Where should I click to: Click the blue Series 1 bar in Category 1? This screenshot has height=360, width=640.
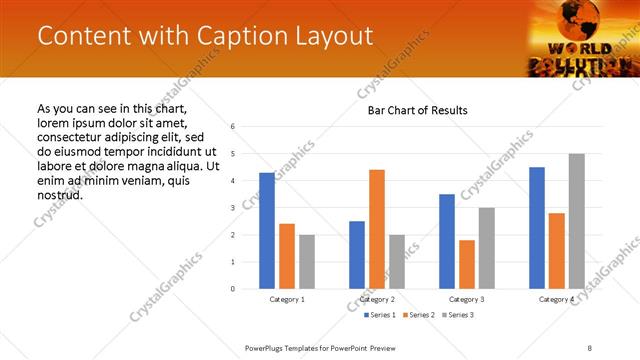pos(267,231)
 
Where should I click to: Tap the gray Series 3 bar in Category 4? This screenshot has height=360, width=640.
pos(576,221)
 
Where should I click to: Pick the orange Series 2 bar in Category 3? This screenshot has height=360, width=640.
pos(467,264)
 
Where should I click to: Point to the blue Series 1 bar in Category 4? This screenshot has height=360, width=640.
pos(537,228)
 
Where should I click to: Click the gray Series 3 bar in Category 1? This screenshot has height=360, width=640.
pos(306,262)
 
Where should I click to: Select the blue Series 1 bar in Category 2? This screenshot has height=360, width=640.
pos(357,255)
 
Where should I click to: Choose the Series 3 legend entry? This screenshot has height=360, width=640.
pos(458,315)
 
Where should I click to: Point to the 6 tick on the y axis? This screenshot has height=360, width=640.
pos(232,127)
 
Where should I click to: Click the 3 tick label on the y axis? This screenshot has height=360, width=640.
pos(232,208)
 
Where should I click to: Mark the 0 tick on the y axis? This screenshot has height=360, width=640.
pos(232,289)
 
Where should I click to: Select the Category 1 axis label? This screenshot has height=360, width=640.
pos(287,299)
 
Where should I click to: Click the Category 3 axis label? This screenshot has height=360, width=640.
pos(467,299)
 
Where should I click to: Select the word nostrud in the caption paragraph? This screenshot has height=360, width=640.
pos(59,194)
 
